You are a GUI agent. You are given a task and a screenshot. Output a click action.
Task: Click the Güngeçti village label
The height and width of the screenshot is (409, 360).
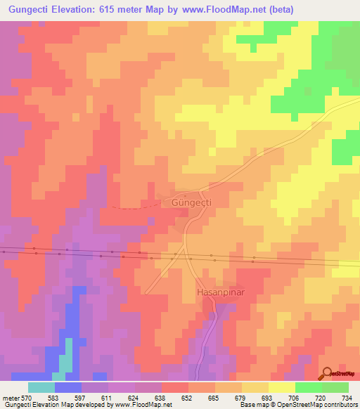pyautogui.click(x=191, y=202)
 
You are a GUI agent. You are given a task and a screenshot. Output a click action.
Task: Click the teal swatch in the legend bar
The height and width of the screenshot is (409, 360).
pyautogui.click(x=41, y=387)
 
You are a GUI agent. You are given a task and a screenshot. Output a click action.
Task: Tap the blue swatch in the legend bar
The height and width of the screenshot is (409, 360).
pyautogui.click(x=67, y=387)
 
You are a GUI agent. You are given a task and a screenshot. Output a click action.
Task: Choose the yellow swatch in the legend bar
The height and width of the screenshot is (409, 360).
pyautogui.click(x=281, y=387)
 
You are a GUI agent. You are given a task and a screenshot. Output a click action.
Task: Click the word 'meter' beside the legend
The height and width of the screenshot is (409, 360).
pyautogui.click(x=11, y=397)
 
